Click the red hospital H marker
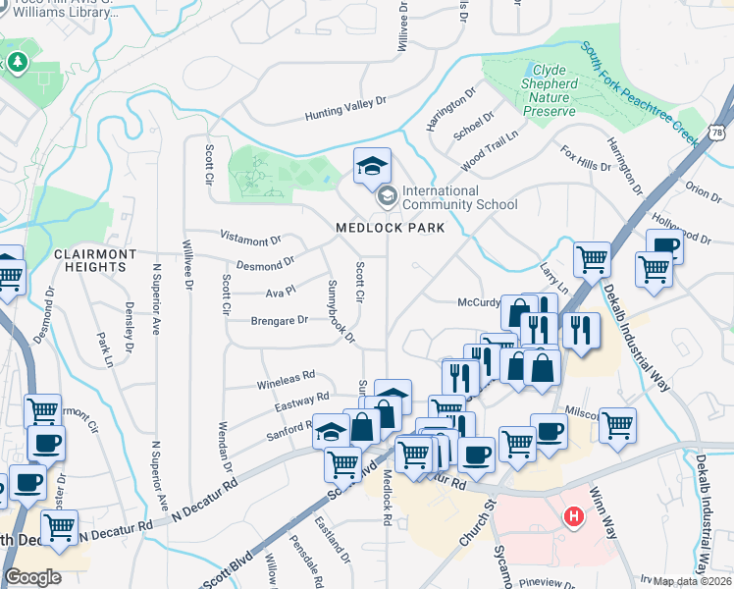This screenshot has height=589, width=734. point(573,515)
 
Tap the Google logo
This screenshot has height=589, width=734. point(32,577)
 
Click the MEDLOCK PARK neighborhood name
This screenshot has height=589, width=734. point(390,228)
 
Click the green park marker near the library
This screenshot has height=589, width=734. point(18,64)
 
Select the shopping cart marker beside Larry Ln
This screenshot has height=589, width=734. point(592,259)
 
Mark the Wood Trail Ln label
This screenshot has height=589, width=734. point(489,147)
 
